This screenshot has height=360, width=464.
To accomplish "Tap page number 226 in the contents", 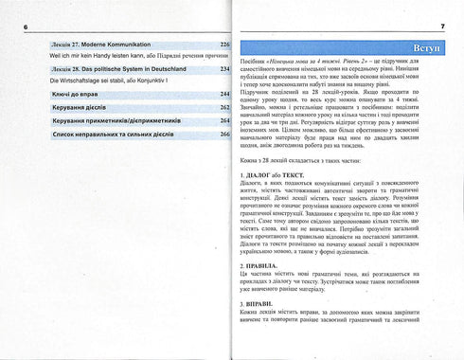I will pos(224,45).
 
